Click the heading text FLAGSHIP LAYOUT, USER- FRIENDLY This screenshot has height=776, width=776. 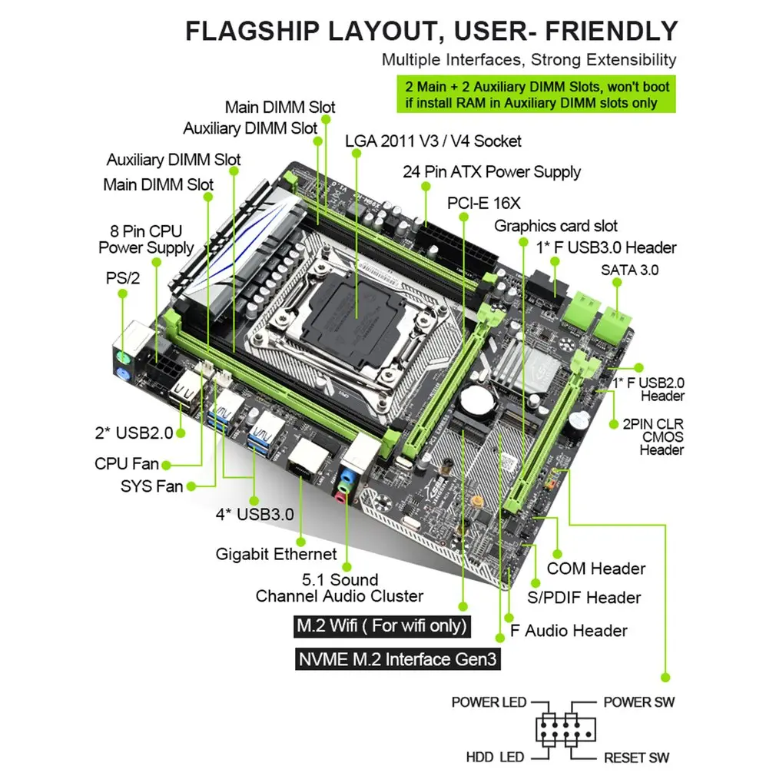[432, 31]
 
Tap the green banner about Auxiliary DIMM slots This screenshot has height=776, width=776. [536, 95]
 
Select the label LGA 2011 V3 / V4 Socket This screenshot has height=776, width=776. [433, 141]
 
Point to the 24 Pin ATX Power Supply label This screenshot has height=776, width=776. [492, 172]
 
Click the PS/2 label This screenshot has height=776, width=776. [123, 278]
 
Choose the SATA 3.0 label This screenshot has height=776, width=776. [629, 270]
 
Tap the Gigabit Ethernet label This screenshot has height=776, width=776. [276, 554]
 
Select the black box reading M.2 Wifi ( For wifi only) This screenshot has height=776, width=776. [382, 625]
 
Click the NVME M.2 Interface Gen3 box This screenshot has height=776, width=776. [397, 659]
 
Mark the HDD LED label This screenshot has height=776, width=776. [495, 758]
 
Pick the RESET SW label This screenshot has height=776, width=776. [636, 758]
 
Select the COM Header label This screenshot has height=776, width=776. [595, 569]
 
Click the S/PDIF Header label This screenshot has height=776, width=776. [584, 598]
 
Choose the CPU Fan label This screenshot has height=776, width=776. [127, 464]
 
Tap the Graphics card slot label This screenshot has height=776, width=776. [555, 226]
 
